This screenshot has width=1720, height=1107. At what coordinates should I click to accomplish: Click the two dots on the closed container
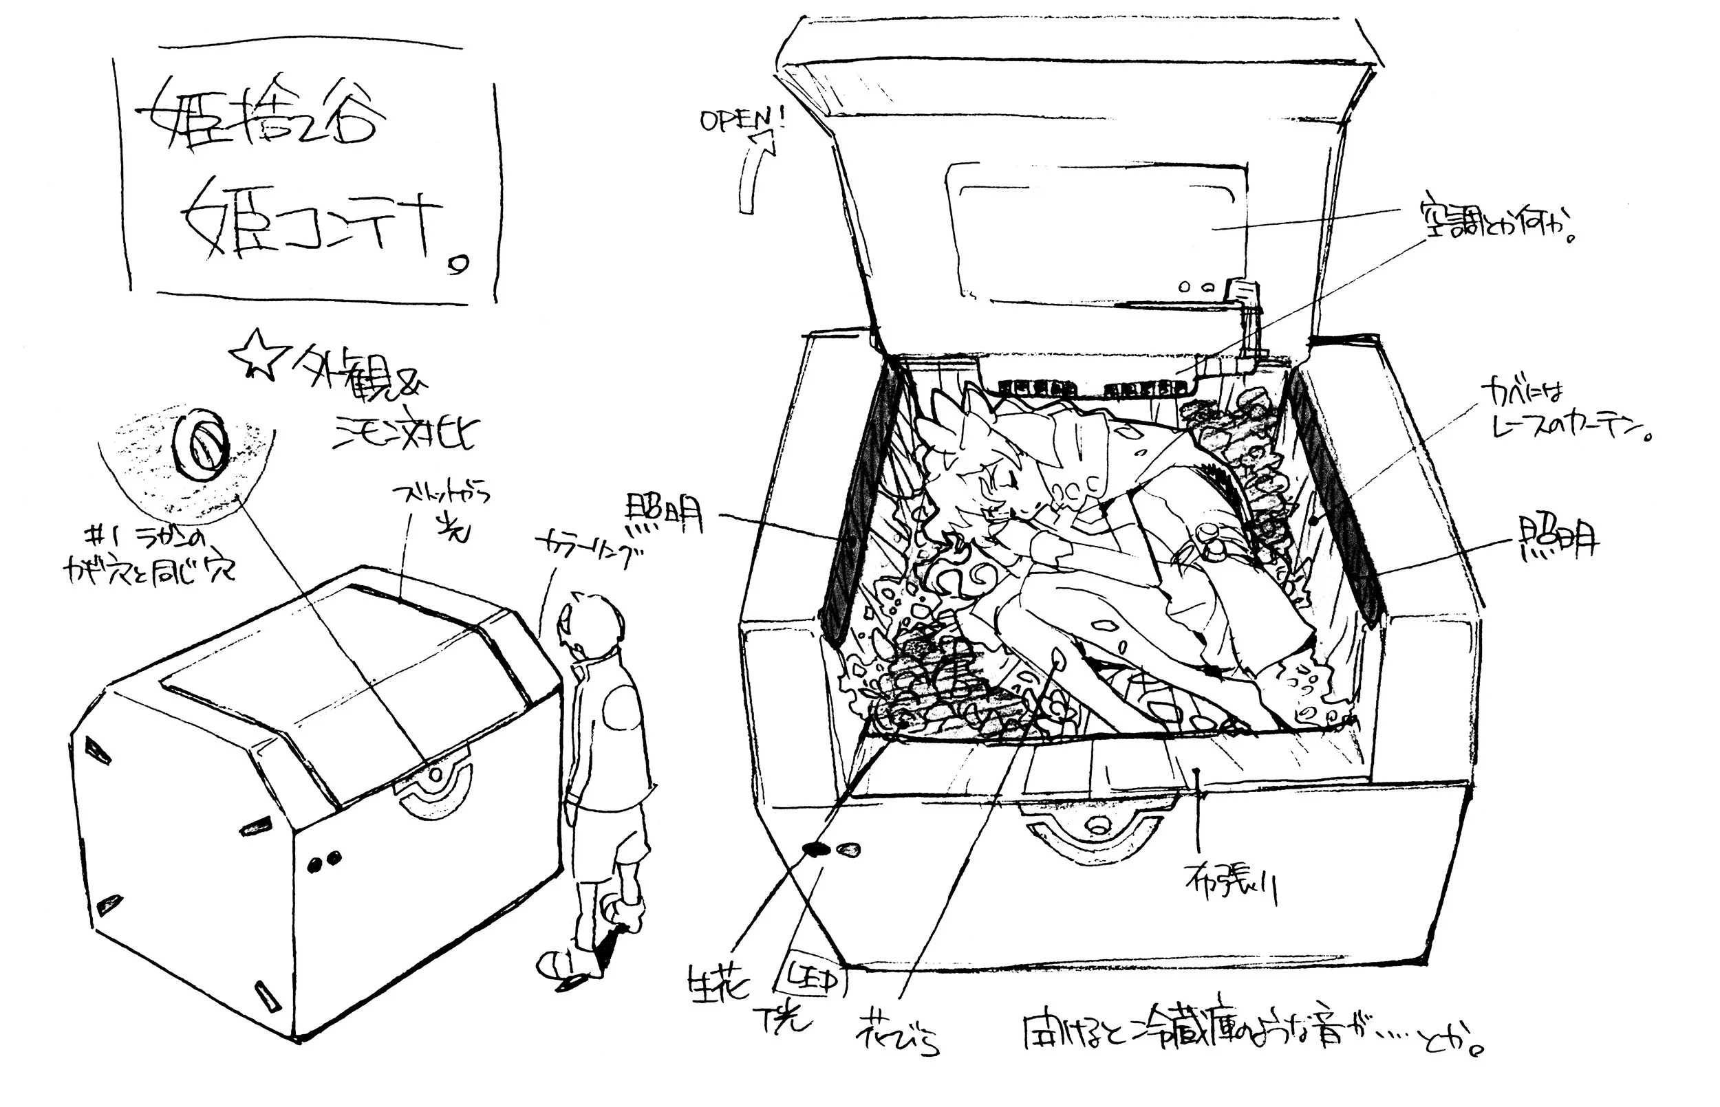(323, 864)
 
